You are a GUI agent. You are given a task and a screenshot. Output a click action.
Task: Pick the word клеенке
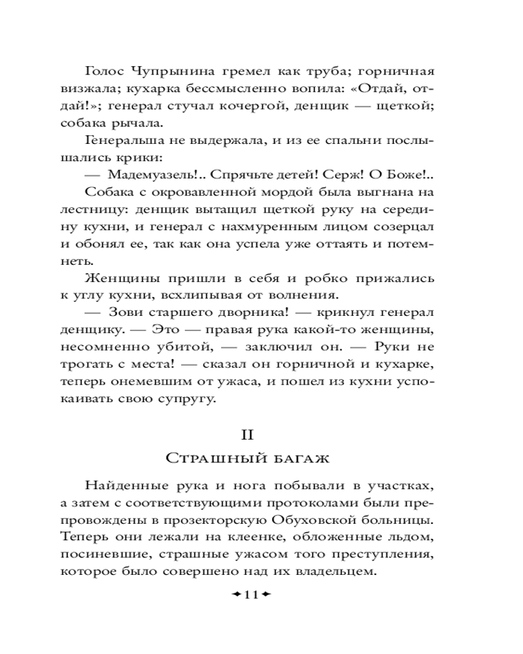250,537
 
